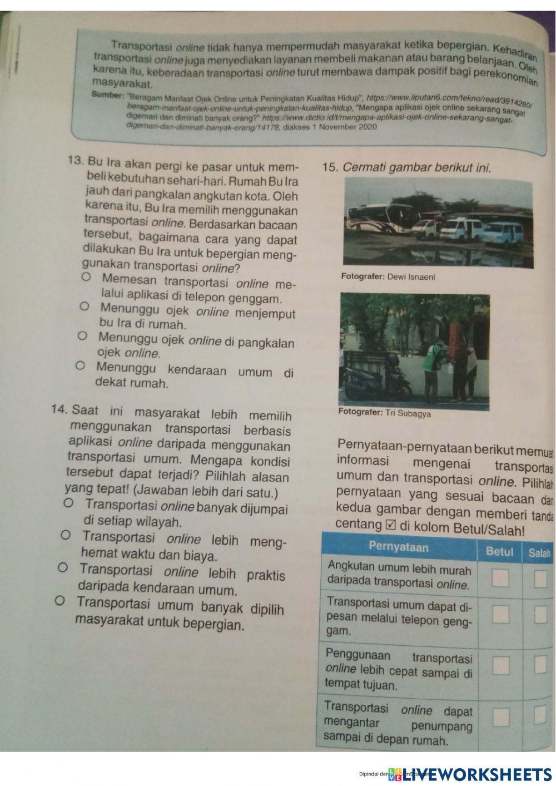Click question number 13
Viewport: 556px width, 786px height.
75,161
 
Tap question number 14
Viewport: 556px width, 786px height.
59,409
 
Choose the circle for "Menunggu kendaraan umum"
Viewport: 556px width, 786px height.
80,366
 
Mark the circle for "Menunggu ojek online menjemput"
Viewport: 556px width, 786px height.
84,307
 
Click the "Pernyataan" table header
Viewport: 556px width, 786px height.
398,547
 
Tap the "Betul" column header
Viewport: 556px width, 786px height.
499,551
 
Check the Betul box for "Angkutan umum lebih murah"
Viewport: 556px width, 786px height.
500,578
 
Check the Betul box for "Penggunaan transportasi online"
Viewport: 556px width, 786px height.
501,665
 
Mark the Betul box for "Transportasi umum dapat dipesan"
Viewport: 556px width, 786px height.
500,614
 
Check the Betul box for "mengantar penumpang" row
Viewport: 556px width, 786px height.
501,716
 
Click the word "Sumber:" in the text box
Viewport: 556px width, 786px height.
107,95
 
